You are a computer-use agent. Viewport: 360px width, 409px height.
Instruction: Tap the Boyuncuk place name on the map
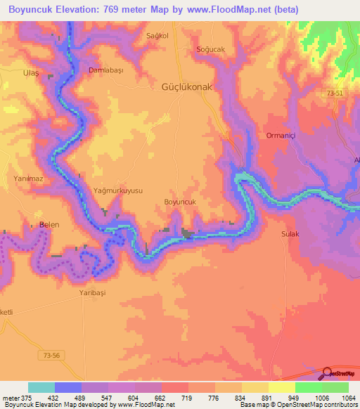tap(184, 202)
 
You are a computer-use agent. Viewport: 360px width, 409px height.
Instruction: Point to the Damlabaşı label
tap(105, 71)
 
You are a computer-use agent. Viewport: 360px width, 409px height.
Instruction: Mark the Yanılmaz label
tap(30, 179)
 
